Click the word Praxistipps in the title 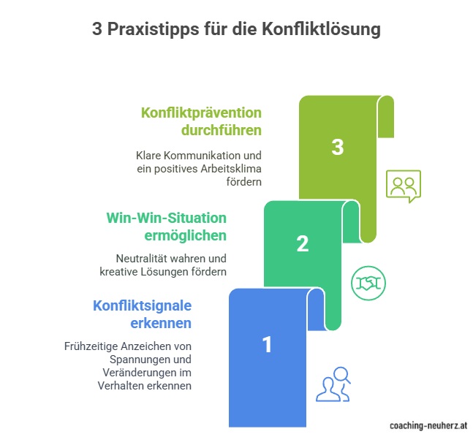point(154,30)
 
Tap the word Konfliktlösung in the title point(321,29)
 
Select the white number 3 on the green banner point(338,147)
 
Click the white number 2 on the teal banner point(303,243)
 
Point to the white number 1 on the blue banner point(267,344)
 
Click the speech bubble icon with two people point(404,186)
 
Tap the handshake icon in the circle point(368,283)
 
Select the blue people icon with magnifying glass point(333,384)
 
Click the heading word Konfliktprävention point(201,113)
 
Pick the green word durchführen point(222,130)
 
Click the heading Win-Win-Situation point(166,218)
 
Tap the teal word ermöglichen point(185,235)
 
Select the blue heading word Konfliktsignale point(142,305)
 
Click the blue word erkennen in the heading point(161,323)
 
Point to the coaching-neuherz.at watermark point(428,425)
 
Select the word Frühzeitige point(91,346)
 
